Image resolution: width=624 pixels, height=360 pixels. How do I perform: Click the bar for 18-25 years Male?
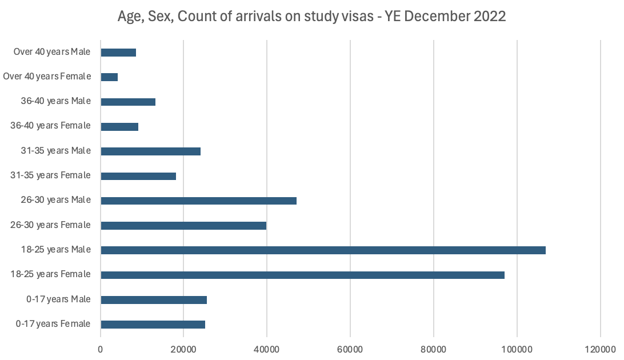coord(323,250)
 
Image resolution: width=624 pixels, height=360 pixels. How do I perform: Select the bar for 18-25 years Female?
coord(302,275)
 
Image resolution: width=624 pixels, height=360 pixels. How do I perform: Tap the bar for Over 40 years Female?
coord(109,77)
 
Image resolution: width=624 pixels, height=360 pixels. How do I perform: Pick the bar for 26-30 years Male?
coord(198,201)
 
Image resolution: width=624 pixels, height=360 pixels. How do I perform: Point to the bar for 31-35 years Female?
coord(138,176)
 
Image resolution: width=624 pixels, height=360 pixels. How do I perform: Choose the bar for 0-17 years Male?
coord(154,299)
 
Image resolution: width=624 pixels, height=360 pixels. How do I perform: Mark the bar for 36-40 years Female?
coord(119,127)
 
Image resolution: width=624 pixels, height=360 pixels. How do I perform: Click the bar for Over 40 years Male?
coord(118,53)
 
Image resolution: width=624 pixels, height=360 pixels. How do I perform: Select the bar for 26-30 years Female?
coord(183,226)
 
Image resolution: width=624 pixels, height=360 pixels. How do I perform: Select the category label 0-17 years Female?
coord(53,324)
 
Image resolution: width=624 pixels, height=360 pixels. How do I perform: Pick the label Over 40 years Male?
coord(52,52)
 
